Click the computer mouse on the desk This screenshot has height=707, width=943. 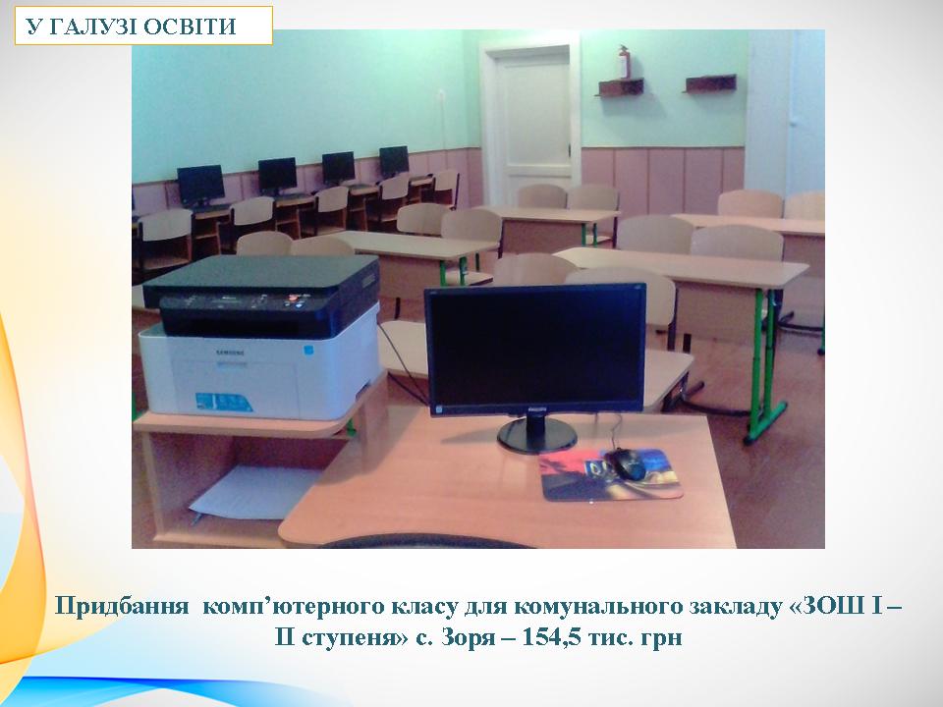(x=628, y=463)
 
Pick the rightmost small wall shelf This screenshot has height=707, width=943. (x=710, y=83)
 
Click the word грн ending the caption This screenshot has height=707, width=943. (x=661, y=637)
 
